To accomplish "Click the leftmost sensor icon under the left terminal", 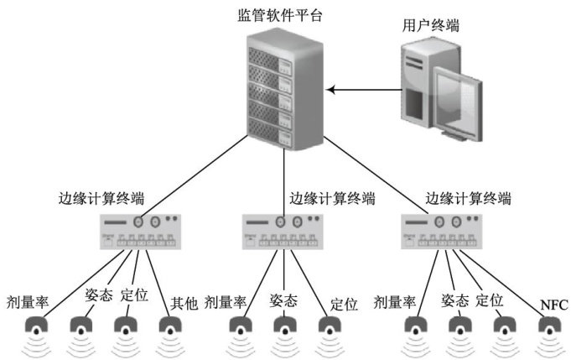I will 39,328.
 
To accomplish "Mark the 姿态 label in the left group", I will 98,295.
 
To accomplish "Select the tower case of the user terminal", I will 418,84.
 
